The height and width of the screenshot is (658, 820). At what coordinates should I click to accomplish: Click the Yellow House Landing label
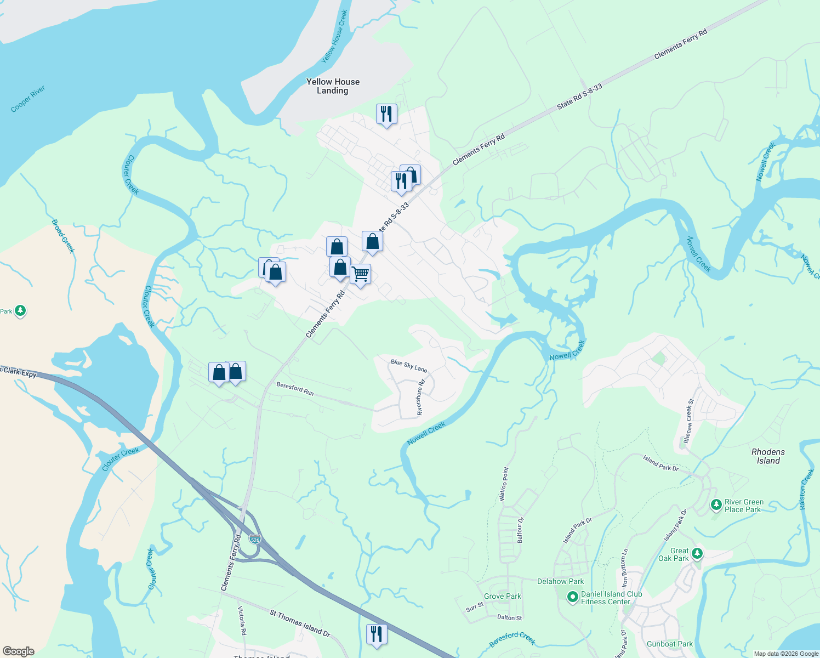click(333, 86)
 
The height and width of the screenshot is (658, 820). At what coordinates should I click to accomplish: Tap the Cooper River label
click(28, 99)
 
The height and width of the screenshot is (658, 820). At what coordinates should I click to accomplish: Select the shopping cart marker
click(360, 274)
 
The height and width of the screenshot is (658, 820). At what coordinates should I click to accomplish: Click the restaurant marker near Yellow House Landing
click(386, 114)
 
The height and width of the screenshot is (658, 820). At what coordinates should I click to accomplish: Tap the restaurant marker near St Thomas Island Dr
click(376, 634)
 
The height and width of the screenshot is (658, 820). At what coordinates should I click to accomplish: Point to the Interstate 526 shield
click(255, 539)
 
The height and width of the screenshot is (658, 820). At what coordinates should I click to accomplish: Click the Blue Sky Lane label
click(409, 366)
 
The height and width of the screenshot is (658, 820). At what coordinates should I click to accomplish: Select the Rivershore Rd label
click(420, 398)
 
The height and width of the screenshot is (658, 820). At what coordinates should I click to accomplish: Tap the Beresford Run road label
click(295, 389)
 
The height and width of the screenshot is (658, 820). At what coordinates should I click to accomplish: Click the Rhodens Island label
click(768, 456)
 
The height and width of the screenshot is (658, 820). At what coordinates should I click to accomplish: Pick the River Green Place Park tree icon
click(715, 504)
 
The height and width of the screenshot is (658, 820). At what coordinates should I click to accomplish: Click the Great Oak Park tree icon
click(697, 553)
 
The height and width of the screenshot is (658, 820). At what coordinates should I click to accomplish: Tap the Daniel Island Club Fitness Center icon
click(572, 597)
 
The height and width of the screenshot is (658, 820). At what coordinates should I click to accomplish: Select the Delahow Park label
click(560, 581)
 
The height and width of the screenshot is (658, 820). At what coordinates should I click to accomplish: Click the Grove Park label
click(503, 596)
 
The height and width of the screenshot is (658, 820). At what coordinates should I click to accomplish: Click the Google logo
click(19, 651)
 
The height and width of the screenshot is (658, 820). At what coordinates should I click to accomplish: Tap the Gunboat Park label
click(670, 644)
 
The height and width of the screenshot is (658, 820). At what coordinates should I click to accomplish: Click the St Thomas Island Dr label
click(300, 623)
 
